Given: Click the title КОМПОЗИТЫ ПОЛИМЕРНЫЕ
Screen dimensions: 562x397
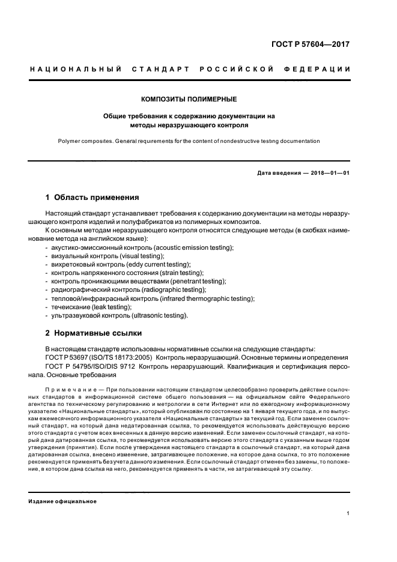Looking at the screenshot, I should tap(189, 98).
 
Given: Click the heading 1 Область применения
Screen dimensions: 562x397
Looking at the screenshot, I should tap(92, 197).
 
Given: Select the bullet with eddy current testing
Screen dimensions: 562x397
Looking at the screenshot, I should tap(122, 265).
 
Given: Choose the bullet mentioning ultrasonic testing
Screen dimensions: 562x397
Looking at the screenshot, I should tap(120, 315).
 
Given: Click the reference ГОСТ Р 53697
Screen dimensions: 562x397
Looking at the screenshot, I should tap(67, 357).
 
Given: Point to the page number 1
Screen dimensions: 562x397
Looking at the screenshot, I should tap(348, 513).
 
